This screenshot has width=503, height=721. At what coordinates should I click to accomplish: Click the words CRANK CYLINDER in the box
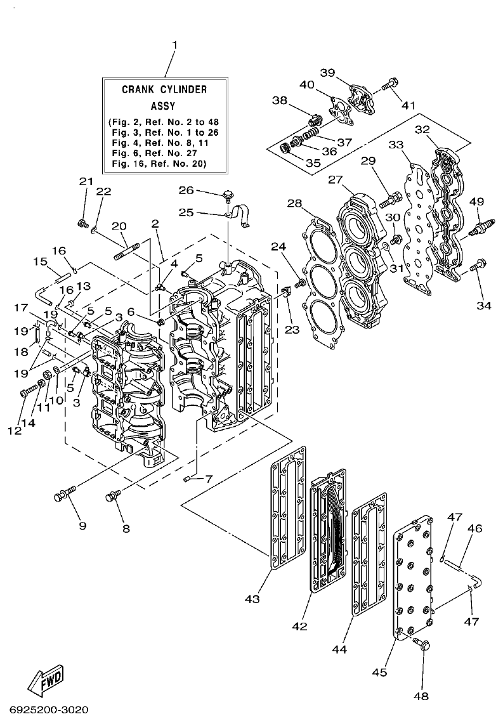point(164,89)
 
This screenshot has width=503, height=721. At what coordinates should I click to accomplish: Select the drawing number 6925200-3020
point(49,709)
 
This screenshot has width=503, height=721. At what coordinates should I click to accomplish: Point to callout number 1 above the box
point(174,45)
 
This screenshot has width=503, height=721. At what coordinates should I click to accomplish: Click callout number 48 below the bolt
point(422,696)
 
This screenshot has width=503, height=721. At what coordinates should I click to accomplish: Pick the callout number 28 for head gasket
point(294,203)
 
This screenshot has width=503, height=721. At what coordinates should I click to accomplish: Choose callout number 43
point(252,599)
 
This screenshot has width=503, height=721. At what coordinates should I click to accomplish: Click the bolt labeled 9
point(66,492)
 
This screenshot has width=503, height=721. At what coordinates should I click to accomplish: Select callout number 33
point(396,145)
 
